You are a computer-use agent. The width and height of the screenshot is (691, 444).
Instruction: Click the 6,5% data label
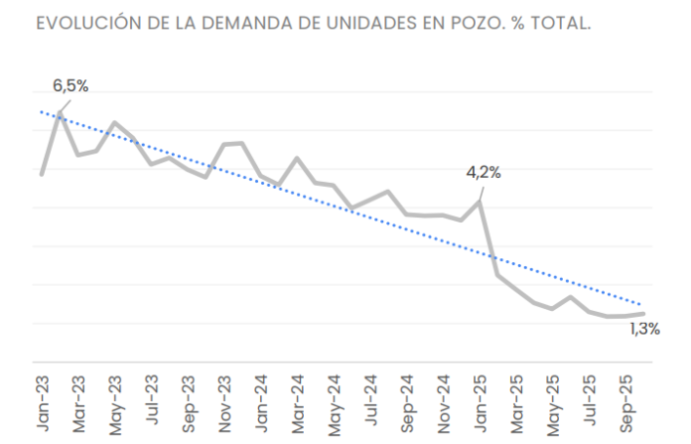pos(70,86)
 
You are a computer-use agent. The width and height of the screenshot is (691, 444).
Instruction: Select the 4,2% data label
pos(484,173)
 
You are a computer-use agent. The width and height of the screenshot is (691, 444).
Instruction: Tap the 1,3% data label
pos(645,329)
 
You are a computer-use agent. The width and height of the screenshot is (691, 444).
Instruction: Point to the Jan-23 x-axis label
pos(43,403)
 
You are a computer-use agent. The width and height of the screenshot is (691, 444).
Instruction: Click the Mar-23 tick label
pos(78,404)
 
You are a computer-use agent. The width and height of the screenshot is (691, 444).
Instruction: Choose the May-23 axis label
pos(115,405)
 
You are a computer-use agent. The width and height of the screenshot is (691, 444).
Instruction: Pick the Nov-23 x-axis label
pos(224,404)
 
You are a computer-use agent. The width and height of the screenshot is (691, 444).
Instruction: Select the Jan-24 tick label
pos(261,404)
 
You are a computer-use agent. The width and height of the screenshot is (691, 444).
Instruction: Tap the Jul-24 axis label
pos(371,400)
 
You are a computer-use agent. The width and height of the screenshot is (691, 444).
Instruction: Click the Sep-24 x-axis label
pos(408,404)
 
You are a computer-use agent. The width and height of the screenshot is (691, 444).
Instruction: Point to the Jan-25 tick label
pos(481,404)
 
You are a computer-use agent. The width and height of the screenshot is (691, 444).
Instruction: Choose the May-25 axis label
pos(554,405)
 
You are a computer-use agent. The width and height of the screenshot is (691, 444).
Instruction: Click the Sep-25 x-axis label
pos(626,404)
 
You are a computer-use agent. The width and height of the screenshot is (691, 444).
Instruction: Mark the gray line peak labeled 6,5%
pos(60,113)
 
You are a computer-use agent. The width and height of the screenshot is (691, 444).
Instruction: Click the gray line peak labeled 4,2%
pos(479,202)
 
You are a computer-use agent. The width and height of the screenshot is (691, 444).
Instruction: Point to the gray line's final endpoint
pos(644,314)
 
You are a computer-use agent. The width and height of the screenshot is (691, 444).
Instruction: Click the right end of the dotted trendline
pos(640,304)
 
